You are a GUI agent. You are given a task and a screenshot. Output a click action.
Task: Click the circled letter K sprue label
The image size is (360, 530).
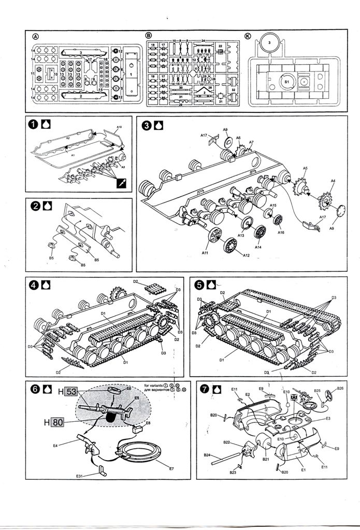[x=248, y=36]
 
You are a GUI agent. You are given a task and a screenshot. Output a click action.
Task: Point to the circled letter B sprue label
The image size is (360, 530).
[x=149, y=36]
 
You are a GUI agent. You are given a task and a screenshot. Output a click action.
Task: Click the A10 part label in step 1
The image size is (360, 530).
[x=119, y=127]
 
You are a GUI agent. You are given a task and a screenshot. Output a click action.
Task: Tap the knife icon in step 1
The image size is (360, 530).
[x=121, y=183]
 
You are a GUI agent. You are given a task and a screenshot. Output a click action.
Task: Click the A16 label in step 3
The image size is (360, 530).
[x=281, y=233]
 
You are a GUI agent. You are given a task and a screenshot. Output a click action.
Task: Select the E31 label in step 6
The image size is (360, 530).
[x=79, y=476]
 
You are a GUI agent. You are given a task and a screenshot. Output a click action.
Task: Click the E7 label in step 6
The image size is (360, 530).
[x=172, y=468]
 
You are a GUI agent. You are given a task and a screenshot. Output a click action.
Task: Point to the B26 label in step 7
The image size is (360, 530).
[x=340, y=389]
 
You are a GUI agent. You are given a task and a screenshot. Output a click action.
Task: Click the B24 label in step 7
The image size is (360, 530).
[x=207, y=455]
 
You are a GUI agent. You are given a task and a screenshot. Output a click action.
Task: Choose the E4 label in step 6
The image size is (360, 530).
[x=55, y=445]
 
